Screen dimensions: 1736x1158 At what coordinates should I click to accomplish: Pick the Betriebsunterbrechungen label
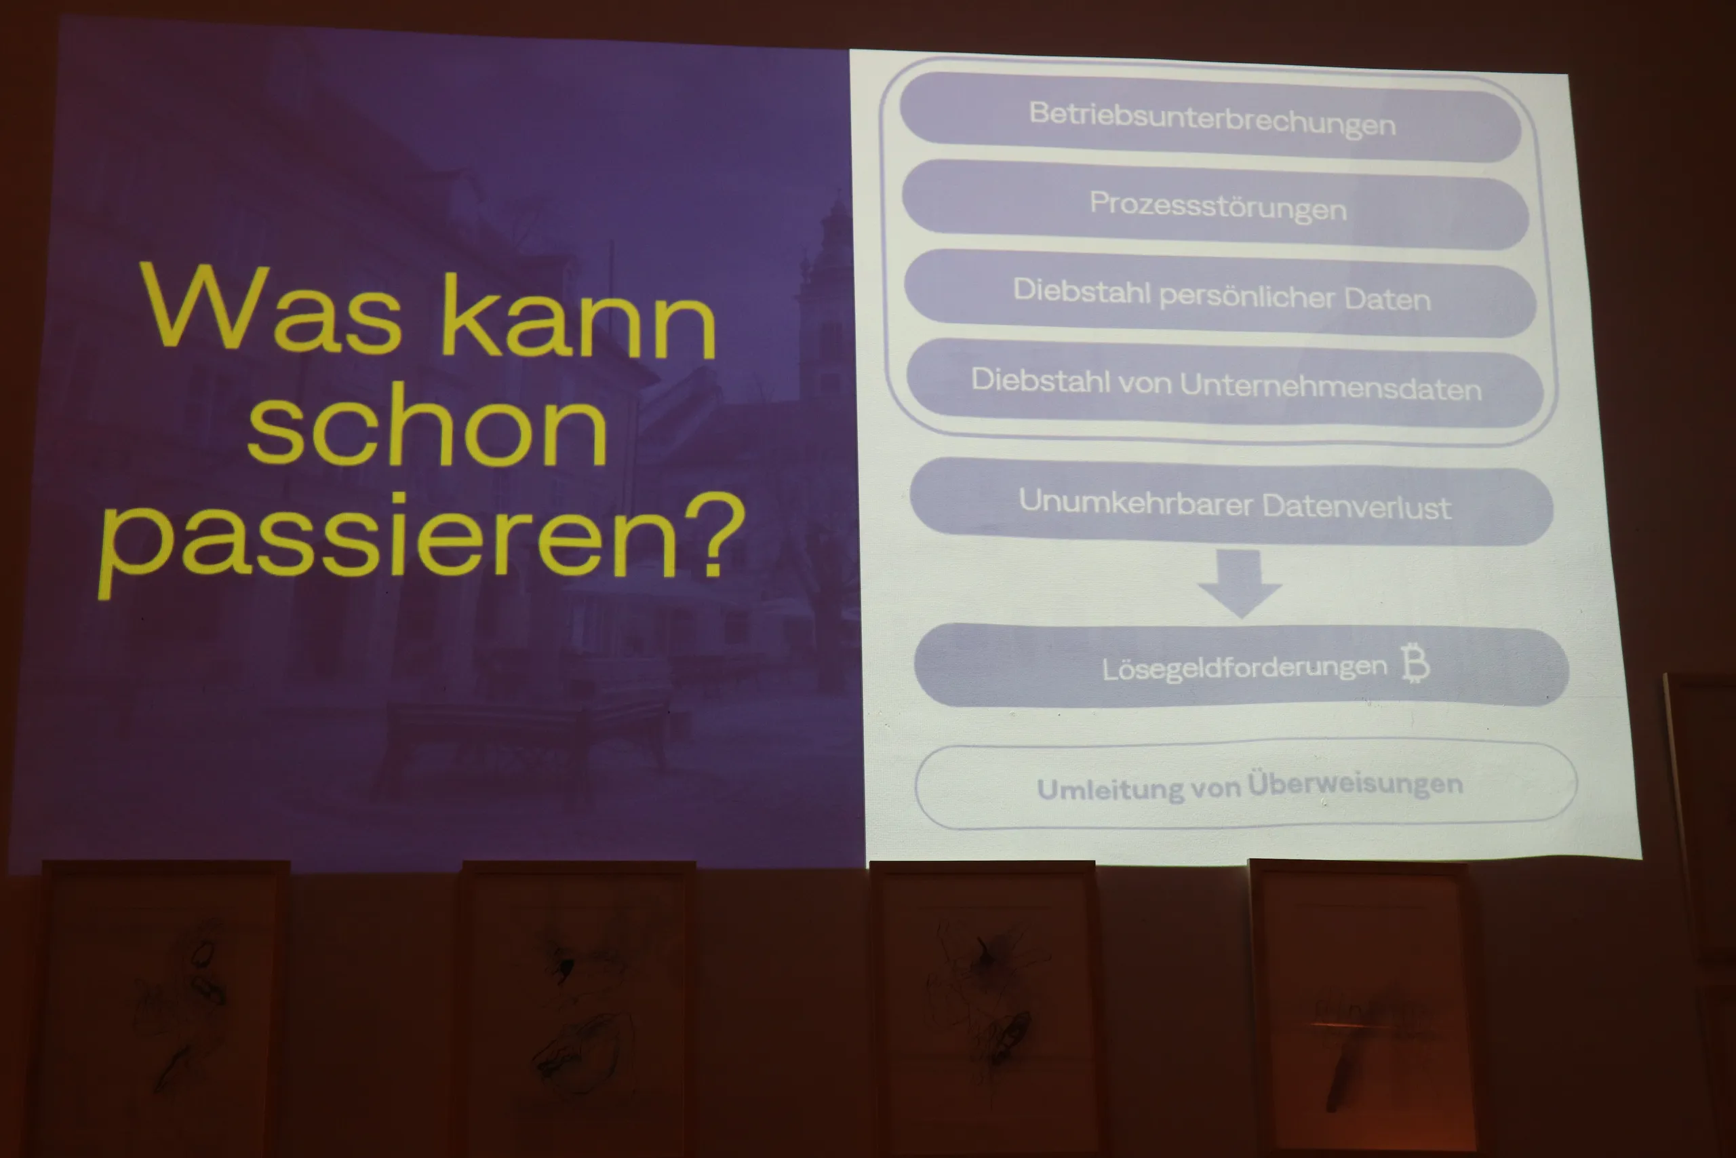pyautogui.click(x=1212, y=119)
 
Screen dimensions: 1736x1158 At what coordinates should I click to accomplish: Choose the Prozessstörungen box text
pyautogui.click(x=1218, y=206)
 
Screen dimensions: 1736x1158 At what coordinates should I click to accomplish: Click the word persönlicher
pyautogui.click(x=1247, y=297)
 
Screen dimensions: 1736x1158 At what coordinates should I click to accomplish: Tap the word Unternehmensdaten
pyautogui.click(x=1330, y=386)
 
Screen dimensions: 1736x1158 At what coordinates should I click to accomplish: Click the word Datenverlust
pyautogui.click(x=1357, y=507)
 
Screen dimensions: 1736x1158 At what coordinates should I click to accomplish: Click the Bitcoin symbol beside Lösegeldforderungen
pyautogui.click(x=1416, y=663)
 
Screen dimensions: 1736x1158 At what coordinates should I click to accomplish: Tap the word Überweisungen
pyautogui.click(x=1355, y=784)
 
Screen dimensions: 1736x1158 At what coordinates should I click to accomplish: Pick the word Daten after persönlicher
pyautogui.click(x=1387, y=299)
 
